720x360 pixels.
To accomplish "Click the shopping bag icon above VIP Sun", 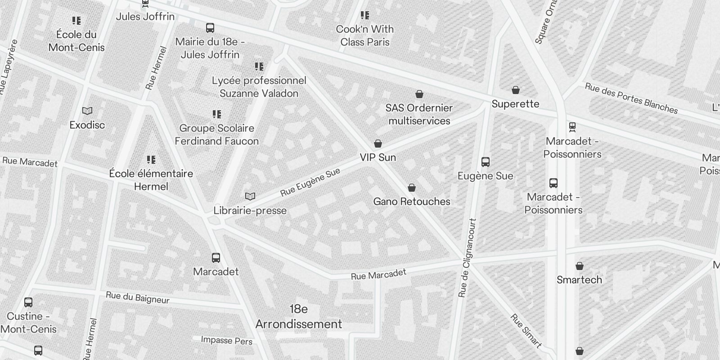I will [x=378, y=144].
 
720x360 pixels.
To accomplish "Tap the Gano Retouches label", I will [x=412, y=202].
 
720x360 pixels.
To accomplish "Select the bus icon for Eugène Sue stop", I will [x=485, y=162].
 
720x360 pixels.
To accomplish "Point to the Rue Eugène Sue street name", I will [x=310, y=183].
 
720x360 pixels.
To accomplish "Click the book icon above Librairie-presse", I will [x=250, y=196].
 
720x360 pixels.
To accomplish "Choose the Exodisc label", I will [x=87, y=125].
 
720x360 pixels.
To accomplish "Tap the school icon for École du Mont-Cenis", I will [x=76, y=21].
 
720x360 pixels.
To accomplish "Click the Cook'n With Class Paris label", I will [x=365, y=36].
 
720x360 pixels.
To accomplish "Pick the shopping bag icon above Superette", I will [x=516, y=90].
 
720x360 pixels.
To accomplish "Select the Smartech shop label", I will [x=579, y=280].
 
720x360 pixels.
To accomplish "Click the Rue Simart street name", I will [x=526, y=331].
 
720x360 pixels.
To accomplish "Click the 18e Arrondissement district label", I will [x=299, y=317].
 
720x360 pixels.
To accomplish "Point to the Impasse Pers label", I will [x=227, y=341].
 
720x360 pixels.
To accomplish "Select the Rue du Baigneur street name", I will [x=138, y=298].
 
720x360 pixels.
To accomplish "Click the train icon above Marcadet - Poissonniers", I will [x=572, y=127].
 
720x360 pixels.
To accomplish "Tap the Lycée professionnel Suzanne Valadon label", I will [x=259, y=87].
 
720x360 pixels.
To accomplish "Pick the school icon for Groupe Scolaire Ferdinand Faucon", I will [x=217, y=114].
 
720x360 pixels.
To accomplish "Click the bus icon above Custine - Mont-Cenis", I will [x=28, y=302].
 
